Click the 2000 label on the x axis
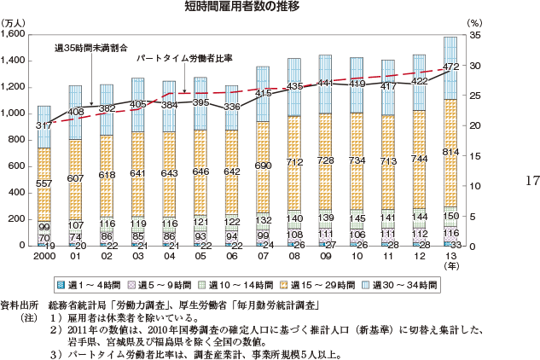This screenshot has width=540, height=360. tap(44, 255)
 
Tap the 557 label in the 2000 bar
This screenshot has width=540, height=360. tap(44, 185)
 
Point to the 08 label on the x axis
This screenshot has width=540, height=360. tap(293, 255)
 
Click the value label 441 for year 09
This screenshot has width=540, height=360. tap(325, 84)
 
